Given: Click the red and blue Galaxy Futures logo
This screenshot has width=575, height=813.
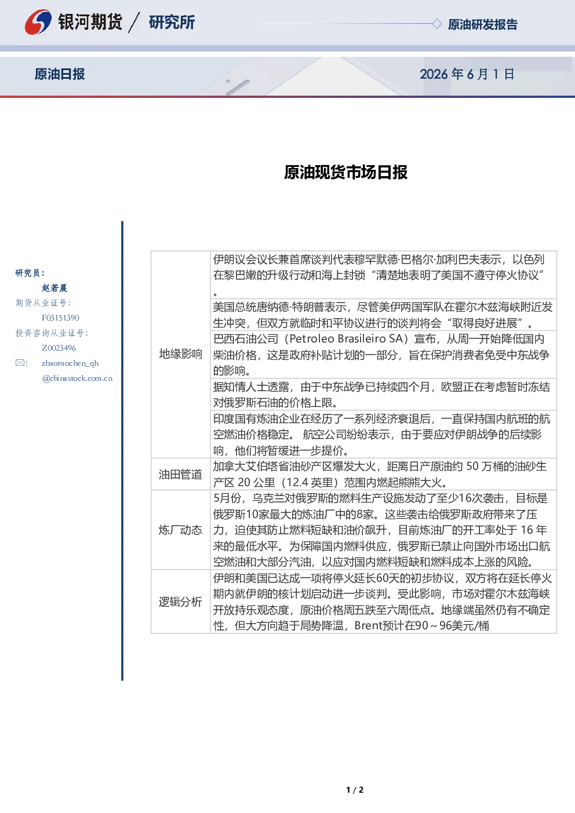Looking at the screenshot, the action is pyautogui.click(x=38, y=22).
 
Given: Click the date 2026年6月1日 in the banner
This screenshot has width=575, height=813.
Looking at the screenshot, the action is pyautogui.click(x=467, y=74).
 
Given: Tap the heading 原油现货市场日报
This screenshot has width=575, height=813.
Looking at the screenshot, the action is pyautogui.click(x=345, y=172).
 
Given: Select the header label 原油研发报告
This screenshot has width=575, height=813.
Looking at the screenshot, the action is pyautogui.click(x=482, y=24).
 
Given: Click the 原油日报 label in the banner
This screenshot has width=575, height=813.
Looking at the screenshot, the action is pyautogui.click(x=60, y=74).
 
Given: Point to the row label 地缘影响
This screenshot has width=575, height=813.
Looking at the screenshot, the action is pyautogui.click(x=180, y=354).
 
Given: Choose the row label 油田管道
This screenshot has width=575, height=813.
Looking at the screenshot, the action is pyautogui.click(x=180, y=474).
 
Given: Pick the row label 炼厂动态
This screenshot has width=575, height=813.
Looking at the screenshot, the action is pyautogui.click(x=180, y=530).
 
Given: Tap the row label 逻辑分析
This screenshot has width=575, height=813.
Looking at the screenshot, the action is pyautogui.click(x=180, y=601).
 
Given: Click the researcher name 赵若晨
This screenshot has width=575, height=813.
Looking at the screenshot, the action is pyautogui.click(x=54, y=288).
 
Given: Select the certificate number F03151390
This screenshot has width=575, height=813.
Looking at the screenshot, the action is pyautogui.click(x=60, y=318).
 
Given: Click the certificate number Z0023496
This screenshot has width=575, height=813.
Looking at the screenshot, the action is pyautogui.click(x=59, y=348).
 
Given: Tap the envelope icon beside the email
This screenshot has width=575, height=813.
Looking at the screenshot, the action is pyautogui.click(x=20, y=363).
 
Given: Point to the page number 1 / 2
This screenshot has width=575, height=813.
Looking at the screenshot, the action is pyautogui.click(x=355, y=790).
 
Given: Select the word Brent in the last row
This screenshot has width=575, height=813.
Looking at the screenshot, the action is pyautogui.click(x=369, y=626).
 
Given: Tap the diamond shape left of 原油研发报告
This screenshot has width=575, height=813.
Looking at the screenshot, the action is pyautogui.click(x=436, y=24).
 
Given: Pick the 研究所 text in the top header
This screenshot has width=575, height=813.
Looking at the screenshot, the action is pyautogui.click(x=172, y=22).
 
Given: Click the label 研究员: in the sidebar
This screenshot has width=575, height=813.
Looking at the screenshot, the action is pyautogui.click(x=30, y=273).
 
